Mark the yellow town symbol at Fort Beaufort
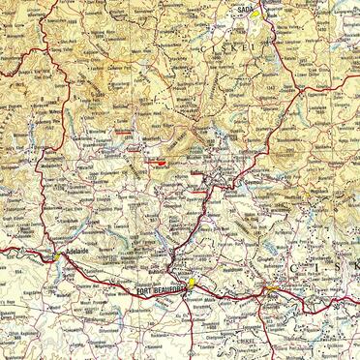click(192, 283)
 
